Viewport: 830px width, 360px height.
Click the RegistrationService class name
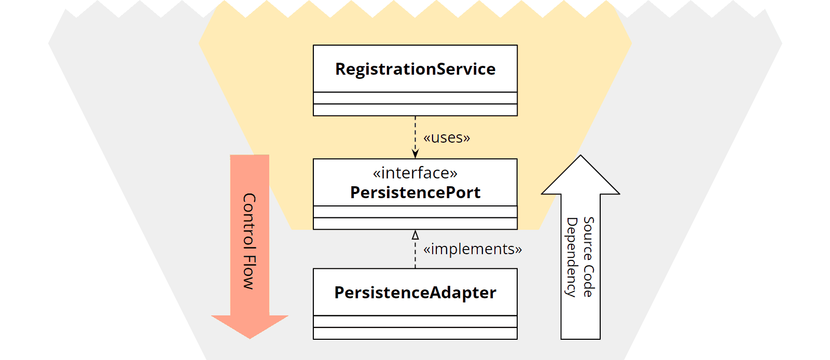pyautogui.click(x=415, y=69)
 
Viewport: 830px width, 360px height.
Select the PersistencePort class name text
pyautogui.click(x=415, y=192)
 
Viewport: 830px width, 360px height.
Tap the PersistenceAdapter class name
pyautogui.click(x=415, y=293)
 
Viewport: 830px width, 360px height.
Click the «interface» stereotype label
pyautogui.click(x=415, y=173)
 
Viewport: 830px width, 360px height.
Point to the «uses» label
pyautogui.click(x=446, y=137)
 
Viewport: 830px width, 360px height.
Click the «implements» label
pyautogui.click(x=472, y=249)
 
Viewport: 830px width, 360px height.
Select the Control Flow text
pyautogui.click(x=250, y=241)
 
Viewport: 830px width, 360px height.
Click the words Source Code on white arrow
pyautogui.click(x=588, y=257)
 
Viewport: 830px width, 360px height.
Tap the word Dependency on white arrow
pyautogui.click(x=572, y=257)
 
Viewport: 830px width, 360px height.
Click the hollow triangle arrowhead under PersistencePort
pyautogui.click(x=415, y=235)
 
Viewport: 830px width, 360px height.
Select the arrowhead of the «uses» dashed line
pyautogui.click(x=415, y=154)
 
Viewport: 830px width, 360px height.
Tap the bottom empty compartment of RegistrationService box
pyautogui.click(x=415, y=110)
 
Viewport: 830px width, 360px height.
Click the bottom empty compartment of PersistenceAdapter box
pyautogui.click(x=415, y=333)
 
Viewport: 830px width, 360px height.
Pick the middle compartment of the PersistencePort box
pyautogui.click(x=415, y=212)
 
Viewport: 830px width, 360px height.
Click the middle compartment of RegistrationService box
pyautogui.click(x=415, y=98)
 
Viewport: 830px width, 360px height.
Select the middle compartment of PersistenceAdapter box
pyautogui.click(x=415, y=322)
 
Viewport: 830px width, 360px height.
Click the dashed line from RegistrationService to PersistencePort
pyautogui.click(x=415, y=132)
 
